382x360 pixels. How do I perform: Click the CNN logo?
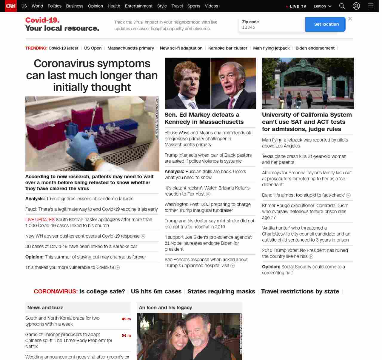click(11, 6)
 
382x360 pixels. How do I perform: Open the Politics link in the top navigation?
click(54, 6)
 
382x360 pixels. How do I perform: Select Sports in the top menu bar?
click(194, 6)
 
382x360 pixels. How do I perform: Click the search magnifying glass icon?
click(342, 6)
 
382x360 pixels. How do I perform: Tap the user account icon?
click(356, 6)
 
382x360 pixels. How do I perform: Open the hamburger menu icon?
click(371, 6)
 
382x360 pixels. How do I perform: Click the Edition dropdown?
click(322, 6)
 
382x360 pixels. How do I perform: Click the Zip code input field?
click(272, 27)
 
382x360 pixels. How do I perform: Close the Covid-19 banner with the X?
click(350, 19)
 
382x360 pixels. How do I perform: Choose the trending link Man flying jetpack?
click(271, 48)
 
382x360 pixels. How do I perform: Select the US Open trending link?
click(93, 48)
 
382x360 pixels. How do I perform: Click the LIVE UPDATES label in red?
click(40, 220)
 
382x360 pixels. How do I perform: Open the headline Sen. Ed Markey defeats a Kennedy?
click(204, 118)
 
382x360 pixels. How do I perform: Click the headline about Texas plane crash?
click(304, 159)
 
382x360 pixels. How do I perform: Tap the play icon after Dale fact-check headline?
click(348, 195)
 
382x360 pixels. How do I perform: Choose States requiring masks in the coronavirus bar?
click(221, 291)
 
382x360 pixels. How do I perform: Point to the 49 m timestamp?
click(126, 319)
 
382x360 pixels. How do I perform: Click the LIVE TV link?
click(298, 6)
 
